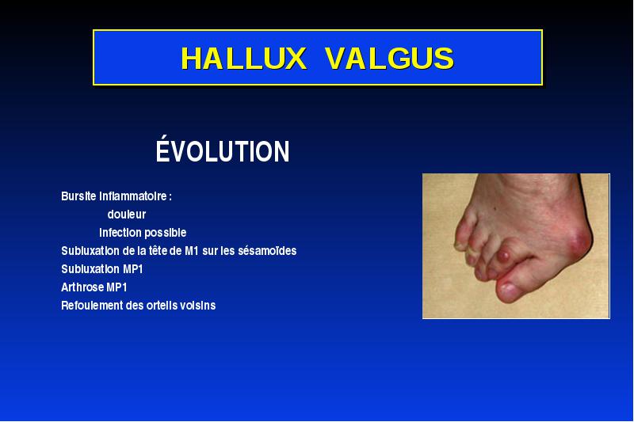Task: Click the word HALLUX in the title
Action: coord(243,58)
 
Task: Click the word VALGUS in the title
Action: coord(389,58)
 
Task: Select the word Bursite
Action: coord(78,196)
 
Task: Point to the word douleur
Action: coord(127,215)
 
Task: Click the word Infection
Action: coord(120,233)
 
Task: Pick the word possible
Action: coord(166,234)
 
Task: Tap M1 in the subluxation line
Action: coord(192,251)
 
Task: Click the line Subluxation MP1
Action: coord(102,269)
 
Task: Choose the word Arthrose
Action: coord(82,287)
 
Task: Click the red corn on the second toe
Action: coord(503,256)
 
